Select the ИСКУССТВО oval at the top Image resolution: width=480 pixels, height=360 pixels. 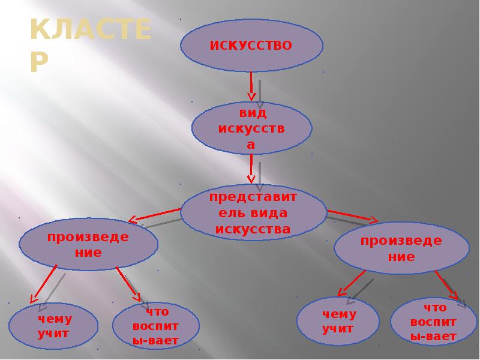coord(251,46)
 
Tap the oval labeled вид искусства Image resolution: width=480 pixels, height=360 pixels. coord(251,128)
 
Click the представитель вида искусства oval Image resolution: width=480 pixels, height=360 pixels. coord(253,214)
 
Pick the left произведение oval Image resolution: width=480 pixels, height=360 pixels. coord(88,244)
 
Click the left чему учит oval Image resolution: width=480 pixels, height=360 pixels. coord(53,326)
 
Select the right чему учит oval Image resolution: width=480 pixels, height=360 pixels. coord(338,321)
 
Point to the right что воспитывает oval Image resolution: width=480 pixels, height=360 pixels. coord(433,322)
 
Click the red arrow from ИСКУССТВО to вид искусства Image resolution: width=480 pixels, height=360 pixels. coord(252,86)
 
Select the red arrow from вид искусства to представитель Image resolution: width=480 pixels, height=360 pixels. coord(252,170)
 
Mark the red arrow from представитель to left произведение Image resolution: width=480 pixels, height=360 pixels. coord(155,215)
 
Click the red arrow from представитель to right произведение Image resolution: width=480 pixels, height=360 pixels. coord(353,216)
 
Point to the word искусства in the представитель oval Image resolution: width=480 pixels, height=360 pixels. coord(253,229)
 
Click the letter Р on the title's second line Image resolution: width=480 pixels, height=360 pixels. coord(40,61)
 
